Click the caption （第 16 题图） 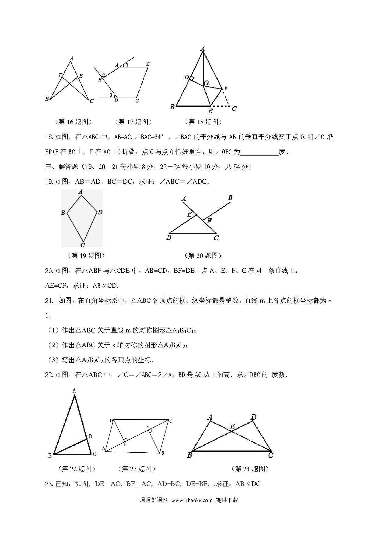point(73,122)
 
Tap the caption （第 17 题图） point(133,122)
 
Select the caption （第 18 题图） point(203,122)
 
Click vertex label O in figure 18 point(206,83)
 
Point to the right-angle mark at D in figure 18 point(192,79)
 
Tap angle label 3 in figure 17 point(111,95)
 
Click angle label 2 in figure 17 point(103,74)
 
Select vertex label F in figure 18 point(226,88)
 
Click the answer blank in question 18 point(259,152)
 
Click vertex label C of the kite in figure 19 point(83,245)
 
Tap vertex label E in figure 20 point(189,214)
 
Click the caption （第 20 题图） point(203,255)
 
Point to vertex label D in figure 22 point(90,437)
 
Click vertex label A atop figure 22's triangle point(74,390)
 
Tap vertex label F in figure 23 point(148,429)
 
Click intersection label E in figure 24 point(232,426)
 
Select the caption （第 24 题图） point(250,469)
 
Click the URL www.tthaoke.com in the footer point(192,500)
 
